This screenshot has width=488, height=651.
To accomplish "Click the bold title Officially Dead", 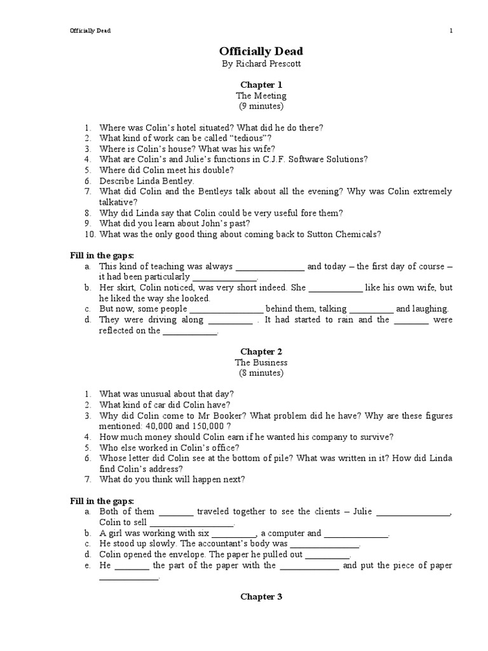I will pyautogui.click(x=261, y=51).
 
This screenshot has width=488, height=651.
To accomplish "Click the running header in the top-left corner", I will pyautogui.click(x=90, y=31).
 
